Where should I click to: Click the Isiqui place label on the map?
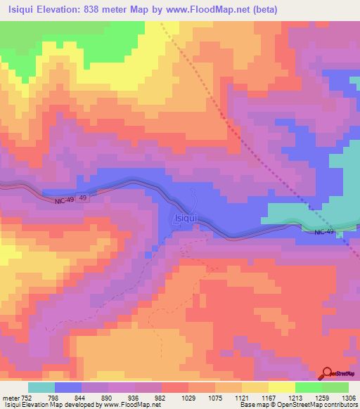coord(186,219)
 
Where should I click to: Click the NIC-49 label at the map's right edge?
coord(324,232)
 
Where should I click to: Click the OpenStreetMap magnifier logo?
coord(328,373)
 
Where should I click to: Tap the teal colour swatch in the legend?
coord(41,387)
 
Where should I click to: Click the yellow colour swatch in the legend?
coord(281,387)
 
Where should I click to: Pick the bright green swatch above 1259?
coord(308,387)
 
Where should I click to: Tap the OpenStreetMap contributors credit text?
coord(316,405)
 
